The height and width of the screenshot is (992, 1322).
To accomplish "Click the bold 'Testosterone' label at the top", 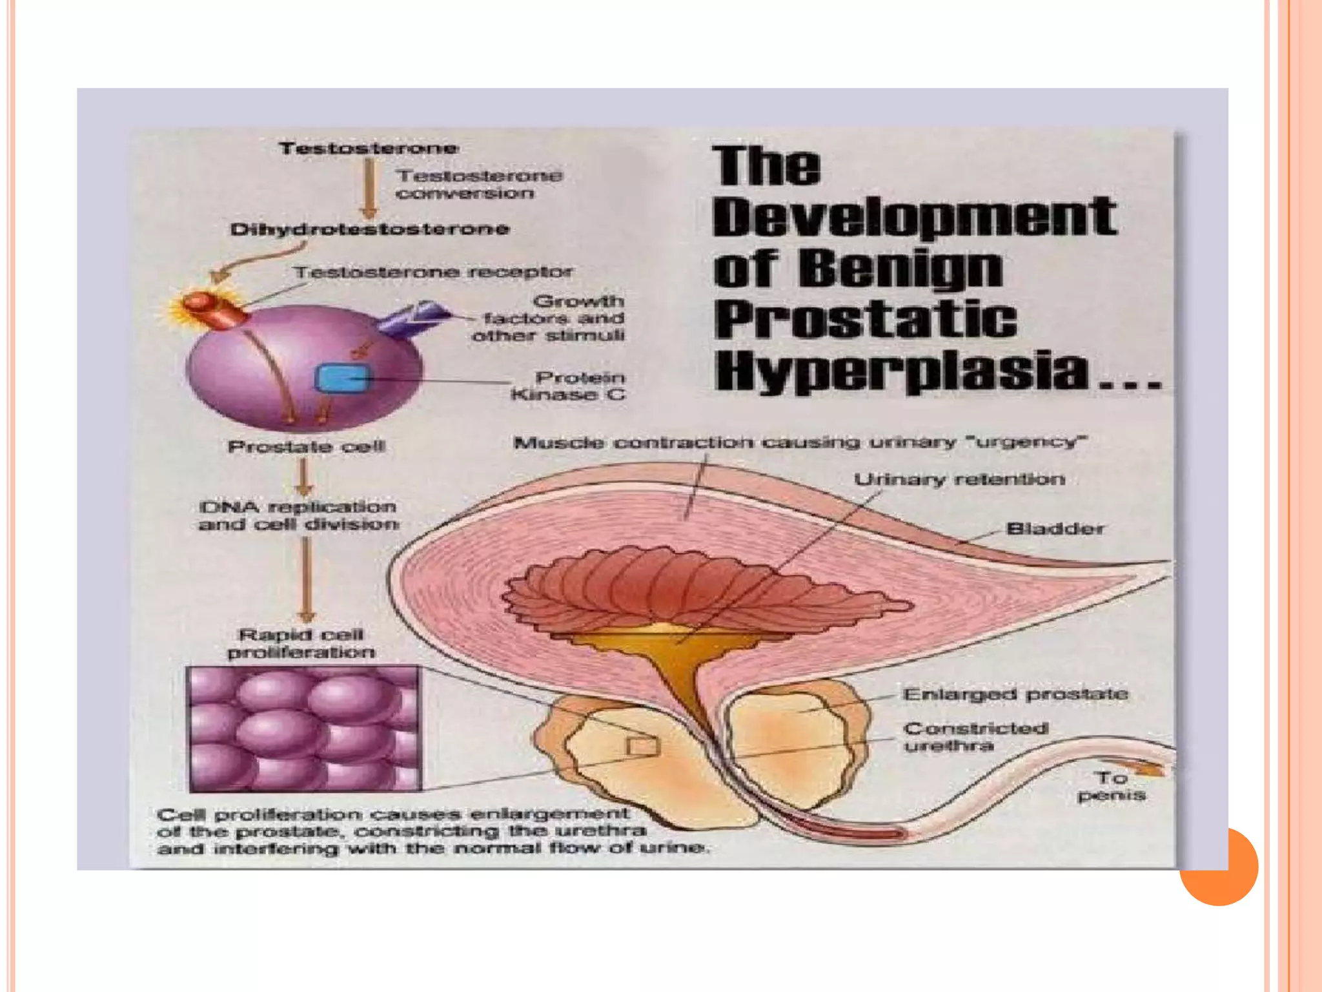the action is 369,149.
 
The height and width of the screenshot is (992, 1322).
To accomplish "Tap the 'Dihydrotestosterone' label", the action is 369,229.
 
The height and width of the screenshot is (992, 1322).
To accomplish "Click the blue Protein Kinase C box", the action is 342,378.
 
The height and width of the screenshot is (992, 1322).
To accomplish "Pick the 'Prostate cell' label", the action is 306,446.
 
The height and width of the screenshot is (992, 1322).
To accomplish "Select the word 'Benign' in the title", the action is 904,268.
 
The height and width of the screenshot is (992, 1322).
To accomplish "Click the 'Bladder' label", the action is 1055,529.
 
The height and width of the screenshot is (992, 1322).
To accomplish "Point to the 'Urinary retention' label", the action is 959,480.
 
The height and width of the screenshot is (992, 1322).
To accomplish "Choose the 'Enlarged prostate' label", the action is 1015,694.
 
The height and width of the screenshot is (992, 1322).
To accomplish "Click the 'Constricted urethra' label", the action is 975,737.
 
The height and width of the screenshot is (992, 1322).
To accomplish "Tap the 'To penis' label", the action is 1111,786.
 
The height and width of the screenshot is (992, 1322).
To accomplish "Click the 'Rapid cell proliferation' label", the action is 301,643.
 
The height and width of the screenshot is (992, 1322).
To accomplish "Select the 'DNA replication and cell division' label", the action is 298,515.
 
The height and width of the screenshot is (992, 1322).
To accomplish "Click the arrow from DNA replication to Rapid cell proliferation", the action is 307,579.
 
